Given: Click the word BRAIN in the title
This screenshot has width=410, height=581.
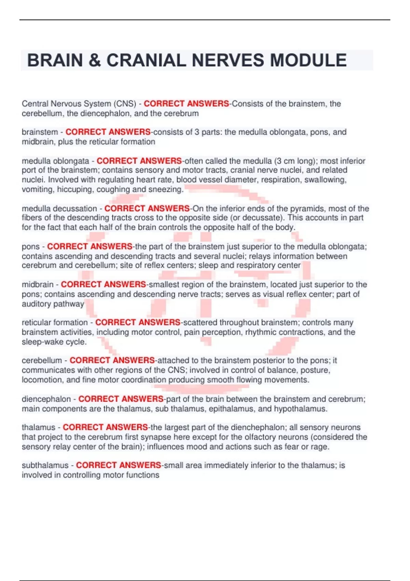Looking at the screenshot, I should [x=55, y=60].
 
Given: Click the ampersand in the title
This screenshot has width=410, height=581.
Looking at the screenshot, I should [x=95, y=60].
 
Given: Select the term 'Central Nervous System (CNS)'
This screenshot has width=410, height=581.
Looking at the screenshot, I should [x=79, y=104].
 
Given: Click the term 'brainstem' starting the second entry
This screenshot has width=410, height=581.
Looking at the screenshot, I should [x=40, y=132].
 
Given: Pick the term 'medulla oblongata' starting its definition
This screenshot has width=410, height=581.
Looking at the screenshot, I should [x=55, y=161].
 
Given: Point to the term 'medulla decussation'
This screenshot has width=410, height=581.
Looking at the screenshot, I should [x=59, y=208].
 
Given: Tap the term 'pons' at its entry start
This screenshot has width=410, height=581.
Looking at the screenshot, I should [x=31, y=246].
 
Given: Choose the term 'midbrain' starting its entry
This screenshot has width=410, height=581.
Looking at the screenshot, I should [x=38, y=284].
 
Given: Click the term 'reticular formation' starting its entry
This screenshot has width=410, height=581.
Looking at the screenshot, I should [x=55, y=322].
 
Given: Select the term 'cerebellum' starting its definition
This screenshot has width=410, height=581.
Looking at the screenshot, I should [x=42, y=360].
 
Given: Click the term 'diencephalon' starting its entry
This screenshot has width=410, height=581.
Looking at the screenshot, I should [x=46, y=399].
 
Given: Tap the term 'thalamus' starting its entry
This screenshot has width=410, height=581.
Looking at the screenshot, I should [x=39, y=427].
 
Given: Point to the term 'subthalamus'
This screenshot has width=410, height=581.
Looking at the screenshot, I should [x=45, y=465].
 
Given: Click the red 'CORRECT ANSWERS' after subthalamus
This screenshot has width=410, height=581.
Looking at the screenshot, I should [x=118, y=465].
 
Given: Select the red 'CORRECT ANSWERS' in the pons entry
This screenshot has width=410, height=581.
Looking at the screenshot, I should [x=90, y=246].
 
